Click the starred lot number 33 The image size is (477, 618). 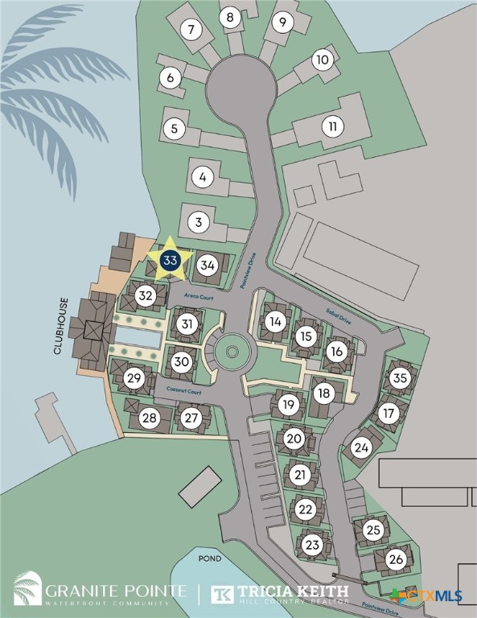click(x=170, y=261)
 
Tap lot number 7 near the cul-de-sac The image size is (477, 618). click(x=191, y=31)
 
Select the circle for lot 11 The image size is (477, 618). click(x=331, y=126)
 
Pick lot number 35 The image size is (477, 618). click(x=401, y=378)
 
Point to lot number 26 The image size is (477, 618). click(x=395, y=559)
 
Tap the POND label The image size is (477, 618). click(x=210, y=558)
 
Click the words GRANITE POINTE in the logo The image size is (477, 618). click(x=117, y=591)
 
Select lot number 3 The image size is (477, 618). click(x=200, y=221)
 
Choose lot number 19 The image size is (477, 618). click(x=290, y=405)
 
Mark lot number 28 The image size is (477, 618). click(x=149, y=418)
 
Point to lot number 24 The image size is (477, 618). click(x=361, y=447)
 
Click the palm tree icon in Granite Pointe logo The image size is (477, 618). click(x=28, y=588)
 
